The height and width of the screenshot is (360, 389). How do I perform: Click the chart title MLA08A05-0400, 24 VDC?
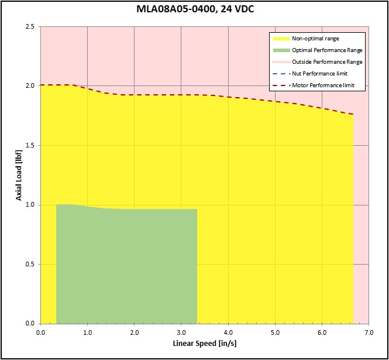point(194,9)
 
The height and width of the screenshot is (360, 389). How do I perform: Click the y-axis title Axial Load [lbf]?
point(19,175)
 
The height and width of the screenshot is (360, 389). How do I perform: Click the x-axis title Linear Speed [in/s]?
point(204,343)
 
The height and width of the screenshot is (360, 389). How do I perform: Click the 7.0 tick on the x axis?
point(369,332)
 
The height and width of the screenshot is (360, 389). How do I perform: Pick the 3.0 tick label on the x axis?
point(181,332)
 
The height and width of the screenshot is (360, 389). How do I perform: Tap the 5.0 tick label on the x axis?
point(275,332)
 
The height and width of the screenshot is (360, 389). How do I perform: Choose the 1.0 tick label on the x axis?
point(87,332)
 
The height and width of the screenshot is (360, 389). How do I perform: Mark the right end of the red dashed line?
point(353,115)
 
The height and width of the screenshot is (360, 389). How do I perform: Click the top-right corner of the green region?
point(197,209)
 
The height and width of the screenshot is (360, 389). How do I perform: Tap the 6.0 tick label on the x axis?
point(322,332)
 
